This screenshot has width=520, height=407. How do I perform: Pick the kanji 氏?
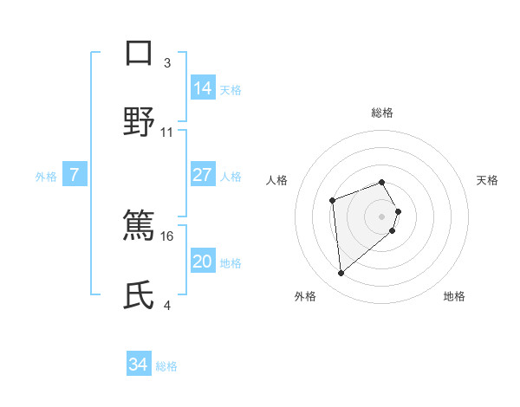point(139,295)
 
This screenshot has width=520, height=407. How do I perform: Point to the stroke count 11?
point(167,132)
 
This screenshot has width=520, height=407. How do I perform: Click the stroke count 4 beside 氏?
point(166,306)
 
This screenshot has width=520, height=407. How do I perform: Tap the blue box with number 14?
point(203,88)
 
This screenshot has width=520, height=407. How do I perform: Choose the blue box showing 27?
point(203,175)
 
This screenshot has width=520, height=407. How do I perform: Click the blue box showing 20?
point(203,262)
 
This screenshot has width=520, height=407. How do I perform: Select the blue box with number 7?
point(75,175)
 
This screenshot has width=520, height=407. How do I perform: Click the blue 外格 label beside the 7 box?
point(46,177)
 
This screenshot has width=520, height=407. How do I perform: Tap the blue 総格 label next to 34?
point(166,366)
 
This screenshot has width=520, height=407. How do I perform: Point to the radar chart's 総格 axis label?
point(382,113)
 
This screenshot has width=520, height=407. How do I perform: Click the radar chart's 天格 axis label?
point(488,180)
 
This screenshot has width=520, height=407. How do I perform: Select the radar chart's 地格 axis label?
point(454,297)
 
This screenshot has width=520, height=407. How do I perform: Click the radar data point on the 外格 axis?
point(341,274)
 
